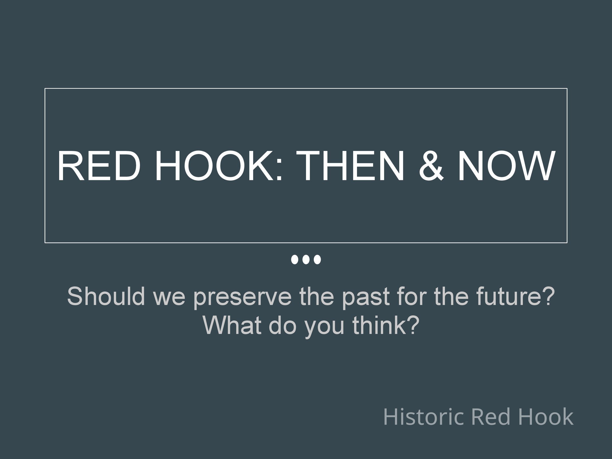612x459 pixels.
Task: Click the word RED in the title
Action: pyautogui.click(x=99, y=166)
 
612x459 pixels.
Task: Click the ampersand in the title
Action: pyautogui.click(x=432, y=166)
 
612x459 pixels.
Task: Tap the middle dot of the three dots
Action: pyautogui.click(x=306, y=260)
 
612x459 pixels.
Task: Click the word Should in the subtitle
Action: pyautogui.click(x=106, y=296)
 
